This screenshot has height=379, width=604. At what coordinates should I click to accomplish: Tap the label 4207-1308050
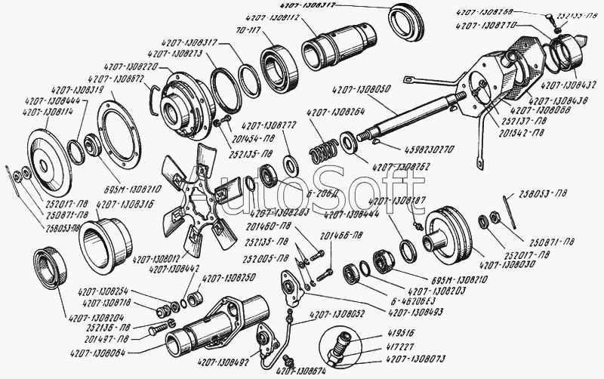[362, 88]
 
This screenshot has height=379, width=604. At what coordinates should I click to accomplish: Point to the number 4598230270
[408, 150]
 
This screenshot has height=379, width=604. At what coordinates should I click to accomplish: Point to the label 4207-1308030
[507, 264]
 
